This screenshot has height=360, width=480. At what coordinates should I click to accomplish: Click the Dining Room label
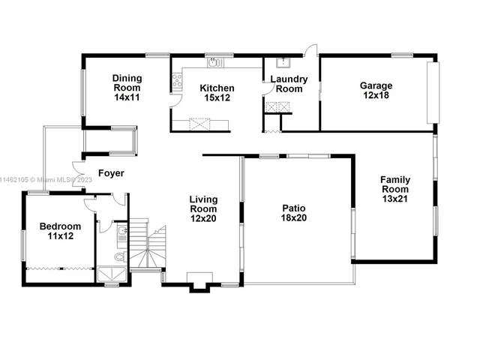coord(127,87)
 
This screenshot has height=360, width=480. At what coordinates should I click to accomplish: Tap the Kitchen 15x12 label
coord(217,92)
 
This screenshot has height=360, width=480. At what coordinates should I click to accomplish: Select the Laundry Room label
coord(286,84)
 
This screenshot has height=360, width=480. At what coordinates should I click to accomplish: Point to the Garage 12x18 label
coord(376,90)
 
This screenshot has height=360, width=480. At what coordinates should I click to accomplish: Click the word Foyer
coord(111,173)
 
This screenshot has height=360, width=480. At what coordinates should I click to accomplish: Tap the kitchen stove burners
coord(177,81)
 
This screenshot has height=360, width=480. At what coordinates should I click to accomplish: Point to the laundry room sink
coord(283,63)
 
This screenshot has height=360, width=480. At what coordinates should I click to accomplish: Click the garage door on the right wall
coord(430,91)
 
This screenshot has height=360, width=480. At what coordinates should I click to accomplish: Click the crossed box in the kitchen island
coord(200,123)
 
